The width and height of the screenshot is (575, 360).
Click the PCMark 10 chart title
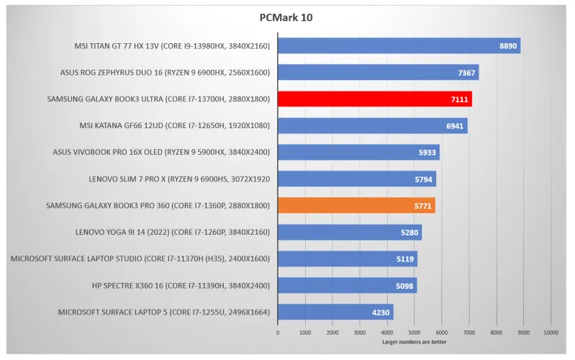(x=286, y=17)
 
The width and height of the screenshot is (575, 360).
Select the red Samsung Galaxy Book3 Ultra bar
(x=374, y=99)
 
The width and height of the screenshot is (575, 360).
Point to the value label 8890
(x=508, y=46)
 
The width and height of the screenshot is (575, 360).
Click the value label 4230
(x=381, y=312)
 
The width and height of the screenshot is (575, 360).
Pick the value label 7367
(x=466, y=73)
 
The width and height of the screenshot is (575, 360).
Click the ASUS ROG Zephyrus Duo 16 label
(x=165, y=73)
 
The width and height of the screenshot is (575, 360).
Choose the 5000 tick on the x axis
(x=415, y=333)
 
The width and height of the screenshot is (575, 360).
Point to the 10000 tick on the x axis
(x=551, y=333)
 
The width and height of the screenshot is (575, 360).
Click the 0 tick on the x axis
(x=278, y=333)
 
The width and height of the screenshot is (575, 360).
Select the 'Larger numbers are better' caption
(x=414, y=342)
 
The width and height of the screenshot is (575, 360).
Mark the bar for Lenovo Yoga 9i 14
(x=349, y=232)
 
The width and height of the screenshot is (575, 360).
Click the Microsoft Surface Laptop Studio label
(x=140, y=258)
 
